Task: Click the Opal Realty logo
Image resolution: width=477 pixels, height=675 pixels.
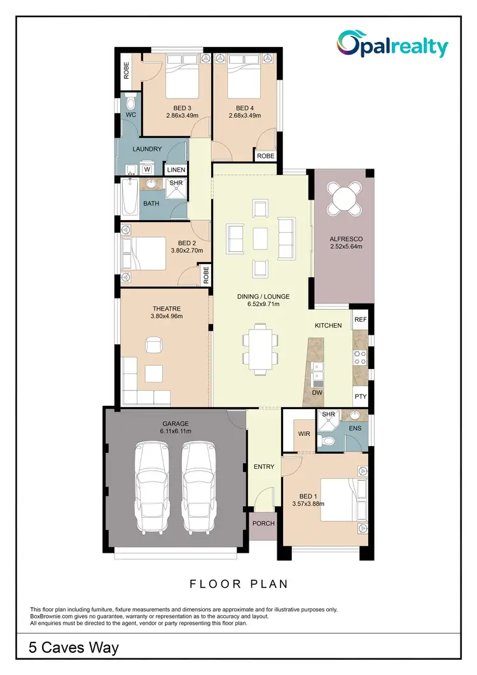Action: tap(392, 45)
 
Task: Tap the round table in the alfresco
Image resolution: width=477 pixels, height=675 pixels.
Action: tap(343, 199)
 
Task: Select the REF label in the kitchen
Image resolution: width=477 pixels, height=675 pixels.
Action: tap(361, 319)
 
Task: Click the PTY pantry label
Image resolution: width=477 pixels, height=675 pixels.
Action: tap(361, 396)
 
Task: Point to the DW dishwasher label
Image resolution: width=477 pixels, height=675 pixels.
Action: tap(317, 393)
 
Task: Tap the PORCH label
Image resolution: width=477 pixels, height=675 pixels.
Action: tap(263, 524)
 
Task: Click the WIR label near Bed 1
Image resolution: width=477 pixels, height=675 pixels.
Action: tap(304, 434)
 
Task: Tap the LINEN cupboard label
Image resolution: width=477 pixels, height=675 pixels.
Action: tap(176, 170)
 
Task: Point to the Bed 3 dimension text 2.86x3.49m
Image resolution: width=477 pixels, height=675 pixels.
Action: tap(183, 116)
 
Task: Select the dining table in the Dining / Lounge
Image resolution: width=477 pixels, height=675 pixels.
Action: tap(259, 347)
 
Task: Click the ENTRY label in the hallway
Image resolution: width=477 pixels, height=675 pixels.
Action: tap(264, 467)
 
